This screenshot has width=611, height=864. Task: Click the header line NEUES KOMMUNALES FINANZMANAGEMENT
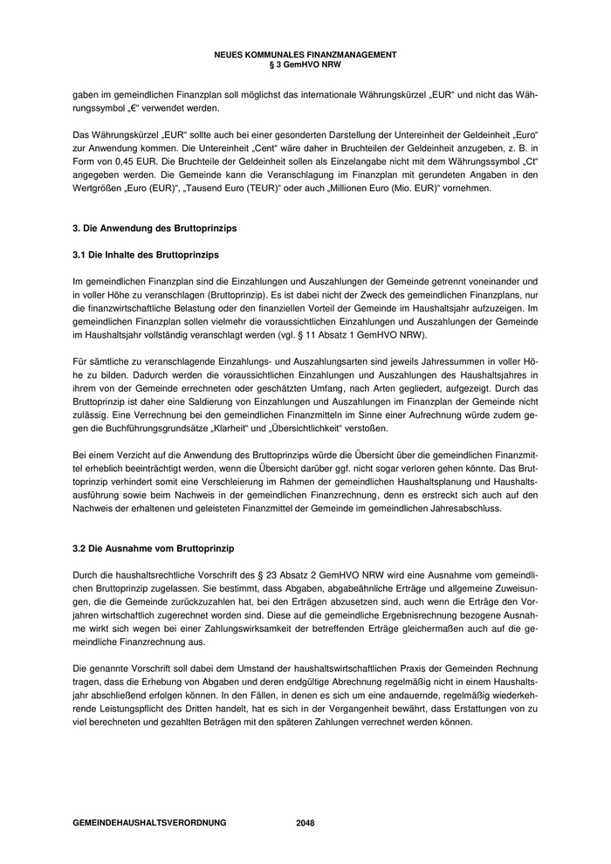coord(305,54)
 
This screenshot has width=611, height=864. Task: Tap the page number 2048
coord(305,823)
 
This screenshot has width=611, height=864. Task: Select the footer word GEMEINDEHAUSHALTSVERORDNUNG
coord(149,823)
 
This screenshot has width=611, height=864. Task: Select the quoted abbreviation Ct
coord(529,161)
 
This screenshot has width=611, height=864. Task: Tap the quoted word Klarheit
coord(248,429)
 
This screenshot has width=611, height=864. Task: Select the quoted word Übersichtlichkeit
coord(322,429)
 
